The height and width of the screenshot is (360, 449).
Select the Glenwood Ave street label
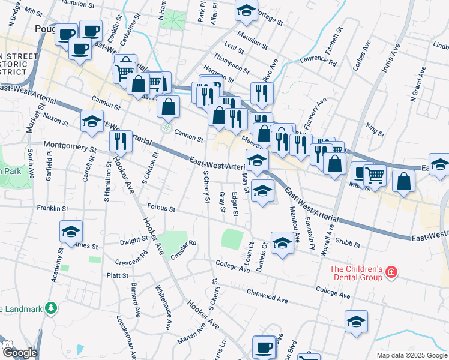point(267,295)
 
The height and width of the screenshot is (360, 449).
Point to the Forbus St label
point(161,209)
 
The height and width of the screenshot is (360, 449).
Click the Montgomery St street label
point(70,146)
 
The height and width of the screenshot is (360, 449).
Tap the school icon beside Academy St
point(71,232)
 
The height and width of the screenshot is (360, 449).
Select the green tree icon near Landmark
point(52,308)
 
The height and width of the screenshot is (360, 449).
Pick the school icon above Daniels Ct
point(282,243)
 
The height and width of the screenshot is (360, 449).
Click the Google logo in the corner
point(19,353)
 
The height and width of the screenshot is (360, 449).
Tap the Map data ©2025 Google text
point(412,355)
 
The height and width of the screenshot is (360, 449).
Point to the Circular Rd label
point(184,247)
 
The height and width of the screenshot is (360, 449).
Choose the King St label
point(375,129)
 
